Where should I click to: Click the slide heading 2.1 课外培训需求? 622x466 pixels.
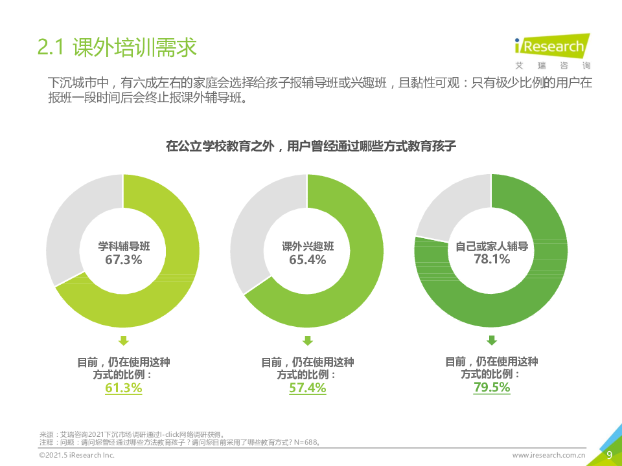click(x=117, y=47)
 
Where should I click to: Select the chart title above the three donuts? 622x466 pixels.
click(x=311, y=146)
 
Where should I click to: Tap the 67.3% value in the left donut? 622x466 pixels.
click(x=124, y=260)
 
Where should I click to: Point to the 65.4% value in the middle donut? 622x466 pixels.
click(x=308, y=260)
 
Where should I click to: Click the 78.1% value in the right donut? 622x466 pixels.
click(x=492, y=260)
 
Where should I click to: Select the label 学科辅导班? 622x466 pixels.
click(x=124, y=247)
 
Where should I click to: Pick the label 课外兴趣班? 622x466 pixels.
click(x=308, y=247)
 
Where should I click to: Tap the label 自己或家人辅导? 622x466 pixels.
click(x=492, y=246)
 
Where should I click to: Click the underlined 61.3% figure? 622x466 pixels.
click(x=124, y=388)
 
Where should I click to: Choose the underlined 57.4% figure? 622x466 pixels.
click(x=308, y=388)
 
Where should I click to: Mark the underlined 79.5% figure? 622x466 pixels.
click(x=492, y=388)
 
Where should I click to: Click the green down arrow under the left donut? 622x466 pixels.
click(x=124, y=340)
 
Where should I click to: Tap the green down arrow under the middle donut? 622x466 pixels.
click(x=308, y=340)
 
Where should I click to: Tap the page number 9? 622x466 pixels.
click(x=608, y=455)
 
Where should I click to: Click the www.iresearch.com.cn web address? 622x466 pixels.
click(x=549, y=456)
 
